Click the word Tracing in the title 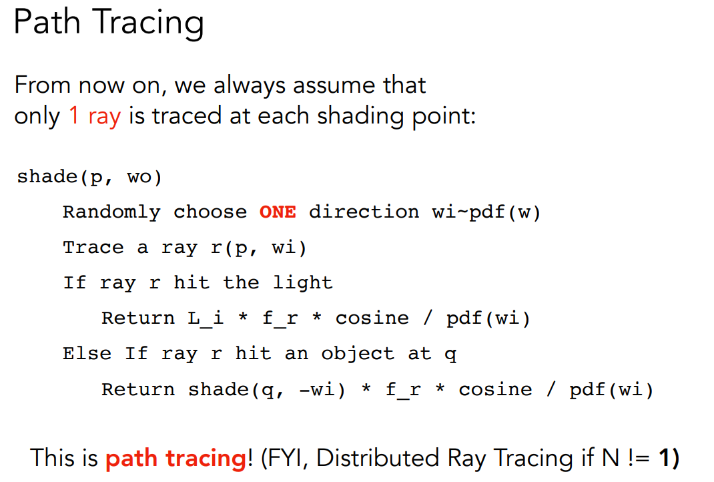(149, 23)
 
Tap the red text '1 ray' (95, 117)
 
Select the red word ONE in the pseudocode (278, 212)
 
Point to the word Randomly (111, 213)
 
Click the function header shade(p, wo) (89, 177)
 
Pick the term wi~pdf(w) (486, 213)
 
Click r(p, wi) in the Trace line (259, 248)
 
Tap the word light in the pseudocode (303, 283)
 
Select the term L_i (206, 318)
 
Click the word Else (87, 354)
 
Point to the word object (358, 354)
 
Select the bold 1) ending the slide (669, 458)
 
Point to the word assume (334, 85)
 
